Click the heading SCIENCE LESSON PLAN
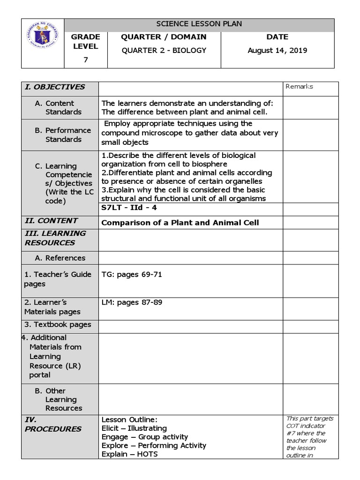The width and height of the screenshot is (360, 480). [x=199, y=24]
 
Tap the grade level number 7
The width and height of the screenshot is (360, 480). [x=85, y=60]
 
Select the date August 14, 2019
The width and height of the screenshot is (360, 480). [x=277, y=50]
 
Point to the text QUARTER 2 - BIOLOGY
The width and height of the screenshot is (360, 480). [x=164, y=50]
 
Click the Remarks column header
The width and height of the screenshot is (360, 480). [x=299, y=86]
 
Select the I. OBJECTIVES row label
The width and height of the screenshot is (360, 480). [x=55, y=87]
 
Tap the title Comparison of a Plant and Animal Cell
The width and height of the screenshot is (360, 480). [x=180, y=223]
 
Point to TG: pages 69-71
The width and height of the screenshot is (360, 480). [x=132, y=275]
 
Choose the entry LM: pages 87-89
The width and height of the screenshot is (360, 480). [x=132, y=302]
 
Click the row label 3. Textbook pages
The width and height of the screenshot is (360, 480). [x=58, y=324]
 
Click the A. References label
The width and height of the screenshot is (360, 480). [x=60, y=258]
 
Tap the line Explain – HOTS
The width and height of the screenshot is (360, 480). [x=129, y=454]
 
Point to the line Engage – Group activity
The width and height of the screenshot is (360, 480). [x=144, y=437]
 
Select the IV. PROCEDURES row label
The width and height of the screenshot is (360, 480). [x=52, y=424]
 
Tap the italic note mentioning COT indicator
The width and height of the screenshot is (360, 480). [x=306, y=436]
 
